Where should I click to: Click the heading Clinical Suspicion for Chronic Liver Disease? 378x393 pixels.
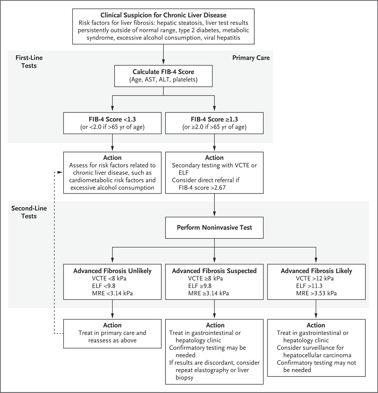click(163, 15)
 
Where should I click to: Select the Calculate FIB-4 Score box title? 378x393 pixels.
click(163, 72)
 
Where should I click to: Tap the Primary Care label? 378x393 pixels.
click(251, 58)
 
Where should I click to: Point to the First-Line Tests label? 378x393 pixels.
click(29, 62)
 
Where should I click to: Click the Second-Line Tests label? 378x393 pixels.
click(29, 212)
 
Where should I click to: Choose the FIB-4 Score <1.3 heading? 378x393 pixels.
click(112, 119)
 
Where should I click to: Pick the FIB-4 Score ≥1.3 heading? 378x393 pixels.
click(214, 119)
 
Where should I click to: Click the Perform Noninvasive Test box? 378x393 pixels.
click(214, 228)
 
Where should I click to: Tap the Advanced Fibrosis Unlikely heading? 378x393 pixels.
click(112, 271)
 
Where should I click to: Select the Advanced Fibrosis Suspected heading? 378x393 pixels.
click(214, 271)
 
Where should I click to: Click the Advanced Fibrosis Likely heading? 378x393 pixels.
click(316, 271)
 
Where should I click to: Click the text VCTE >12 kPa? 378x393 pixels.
click(315, 278)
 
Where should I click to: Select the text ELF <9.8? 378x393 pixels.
click(104, 286)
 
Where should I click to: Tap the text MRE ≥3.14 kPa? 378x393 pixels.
click(209, 293)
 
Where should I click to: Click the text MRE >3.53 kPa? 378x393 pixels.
click(316, 293)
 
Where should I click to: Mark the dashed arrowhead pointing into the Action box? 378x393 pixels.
click(60, 172)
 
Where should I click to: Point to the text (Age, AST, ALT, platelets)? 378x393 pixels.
click(163, 80)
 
